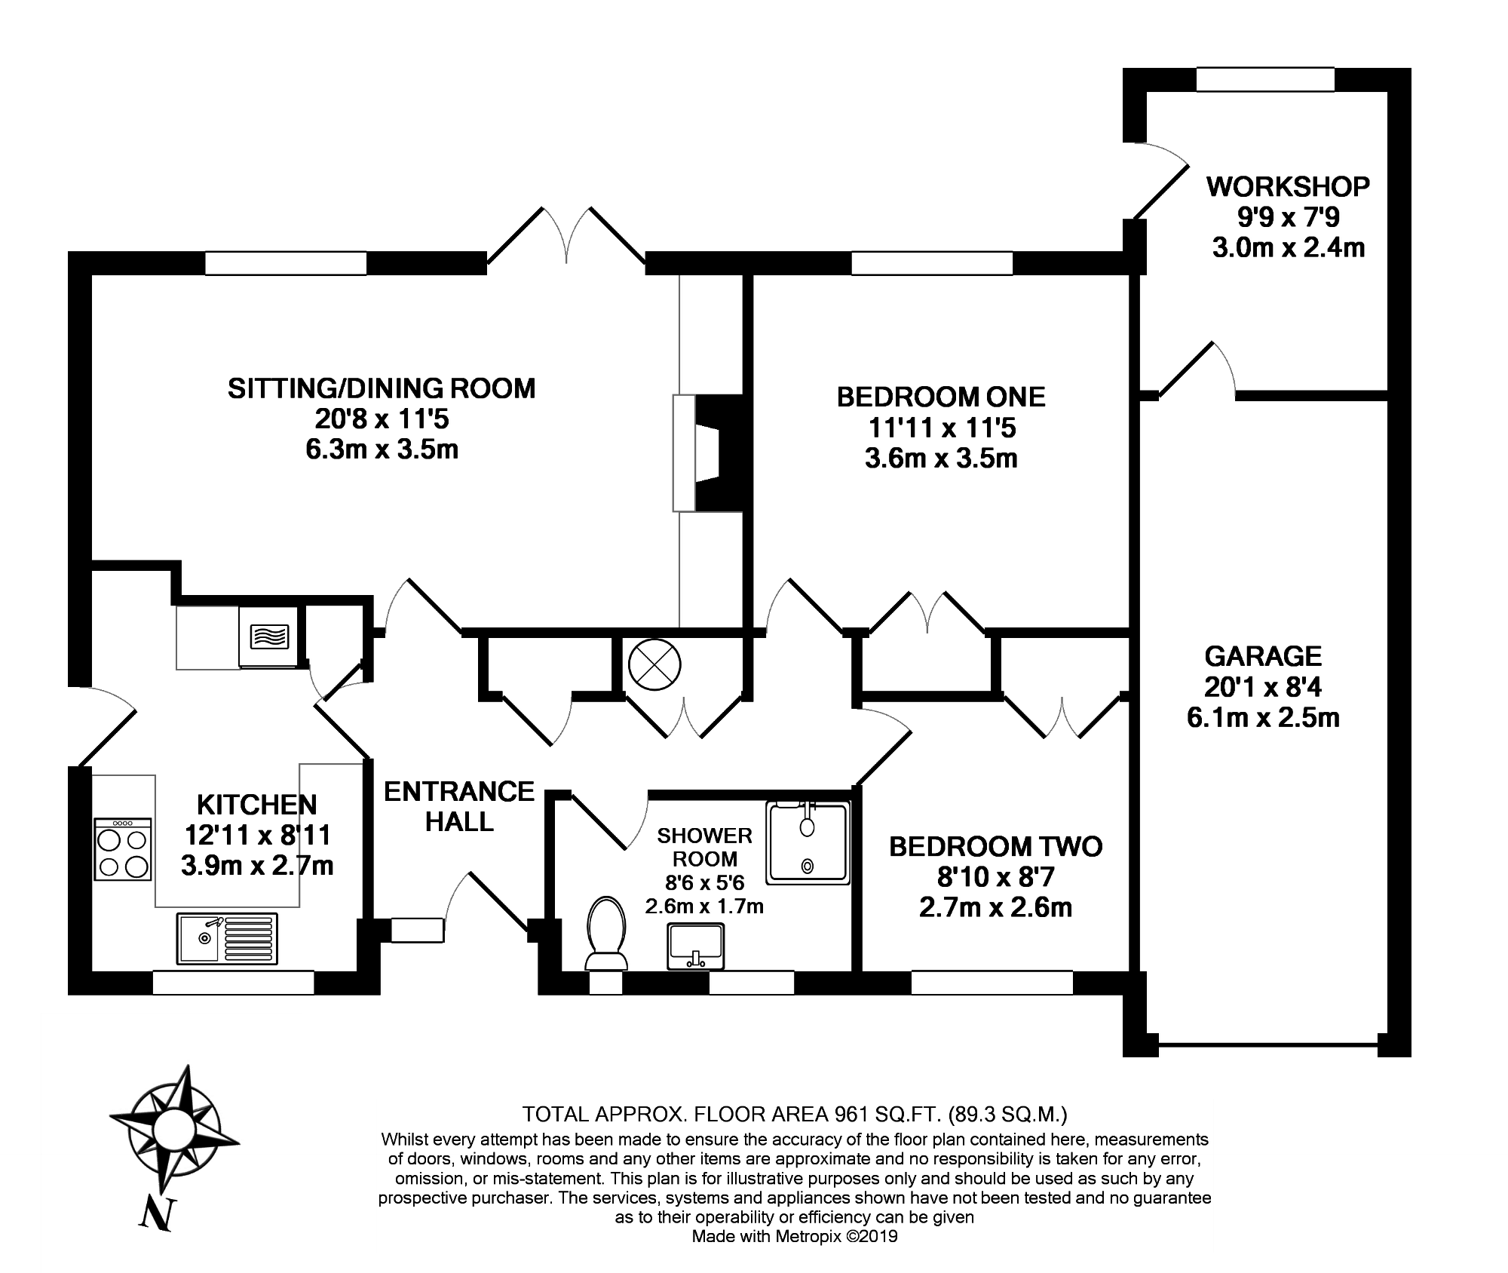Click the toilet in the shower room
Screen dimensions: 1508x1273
(x=606, y=933)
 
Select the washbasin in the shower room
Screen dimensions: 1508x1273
(x=695, y=946)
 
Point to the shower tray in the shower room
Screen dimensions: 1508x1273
(x=808, y=842)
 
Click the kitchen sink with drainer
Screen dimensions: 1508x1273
(x=228, y=939)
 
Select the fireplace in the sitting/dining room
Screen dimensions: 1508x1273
(x=709, y=452)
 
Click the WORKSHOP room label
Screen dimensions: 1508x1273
(x=1288, y=186)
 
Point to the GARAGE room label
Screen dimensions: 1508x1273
(x=1263, y=656)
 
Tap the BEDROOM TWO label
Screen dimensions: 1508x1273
(x=995, y=847)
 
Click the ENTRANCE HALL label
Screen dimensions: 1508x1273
(x=459, y=806)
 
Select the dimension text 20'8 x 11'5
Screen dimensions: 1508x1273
(x=382, y=419)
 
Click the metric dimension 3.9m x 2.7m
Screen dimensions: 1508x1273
(x=257, y=865)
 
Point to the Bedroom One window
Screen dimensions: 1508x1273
(x=932, y=263)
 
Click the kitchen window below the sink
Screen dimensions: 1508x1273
(x=233, y=983)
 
